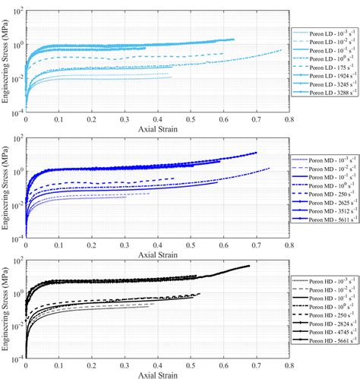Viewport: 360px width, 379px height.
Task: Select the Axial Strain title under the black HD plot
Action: click(158, 374)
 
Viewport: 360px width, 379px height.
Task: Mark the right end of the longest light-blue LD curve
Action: click(281, 50)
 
